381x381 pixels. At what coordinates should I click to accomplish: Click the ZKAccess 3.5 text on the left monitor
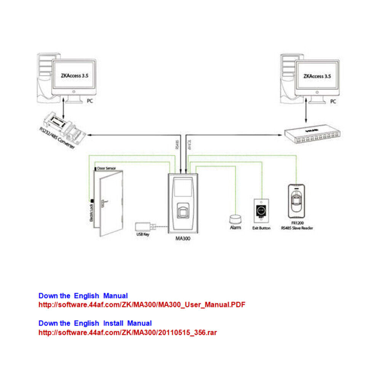(75, 76)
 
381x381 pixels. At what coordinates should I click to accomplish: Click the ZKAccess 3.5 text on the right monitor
(317, 76)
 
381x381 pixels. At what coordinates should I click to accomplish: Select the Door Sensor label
(106, 168)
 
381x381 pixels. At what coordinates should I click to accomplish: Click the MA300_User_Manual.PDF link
(142, 305)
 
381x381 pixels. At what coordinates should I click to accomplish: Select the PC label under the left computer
(90, 102)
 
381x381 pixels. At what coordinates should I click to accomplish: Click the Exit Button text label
(261, 228)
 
